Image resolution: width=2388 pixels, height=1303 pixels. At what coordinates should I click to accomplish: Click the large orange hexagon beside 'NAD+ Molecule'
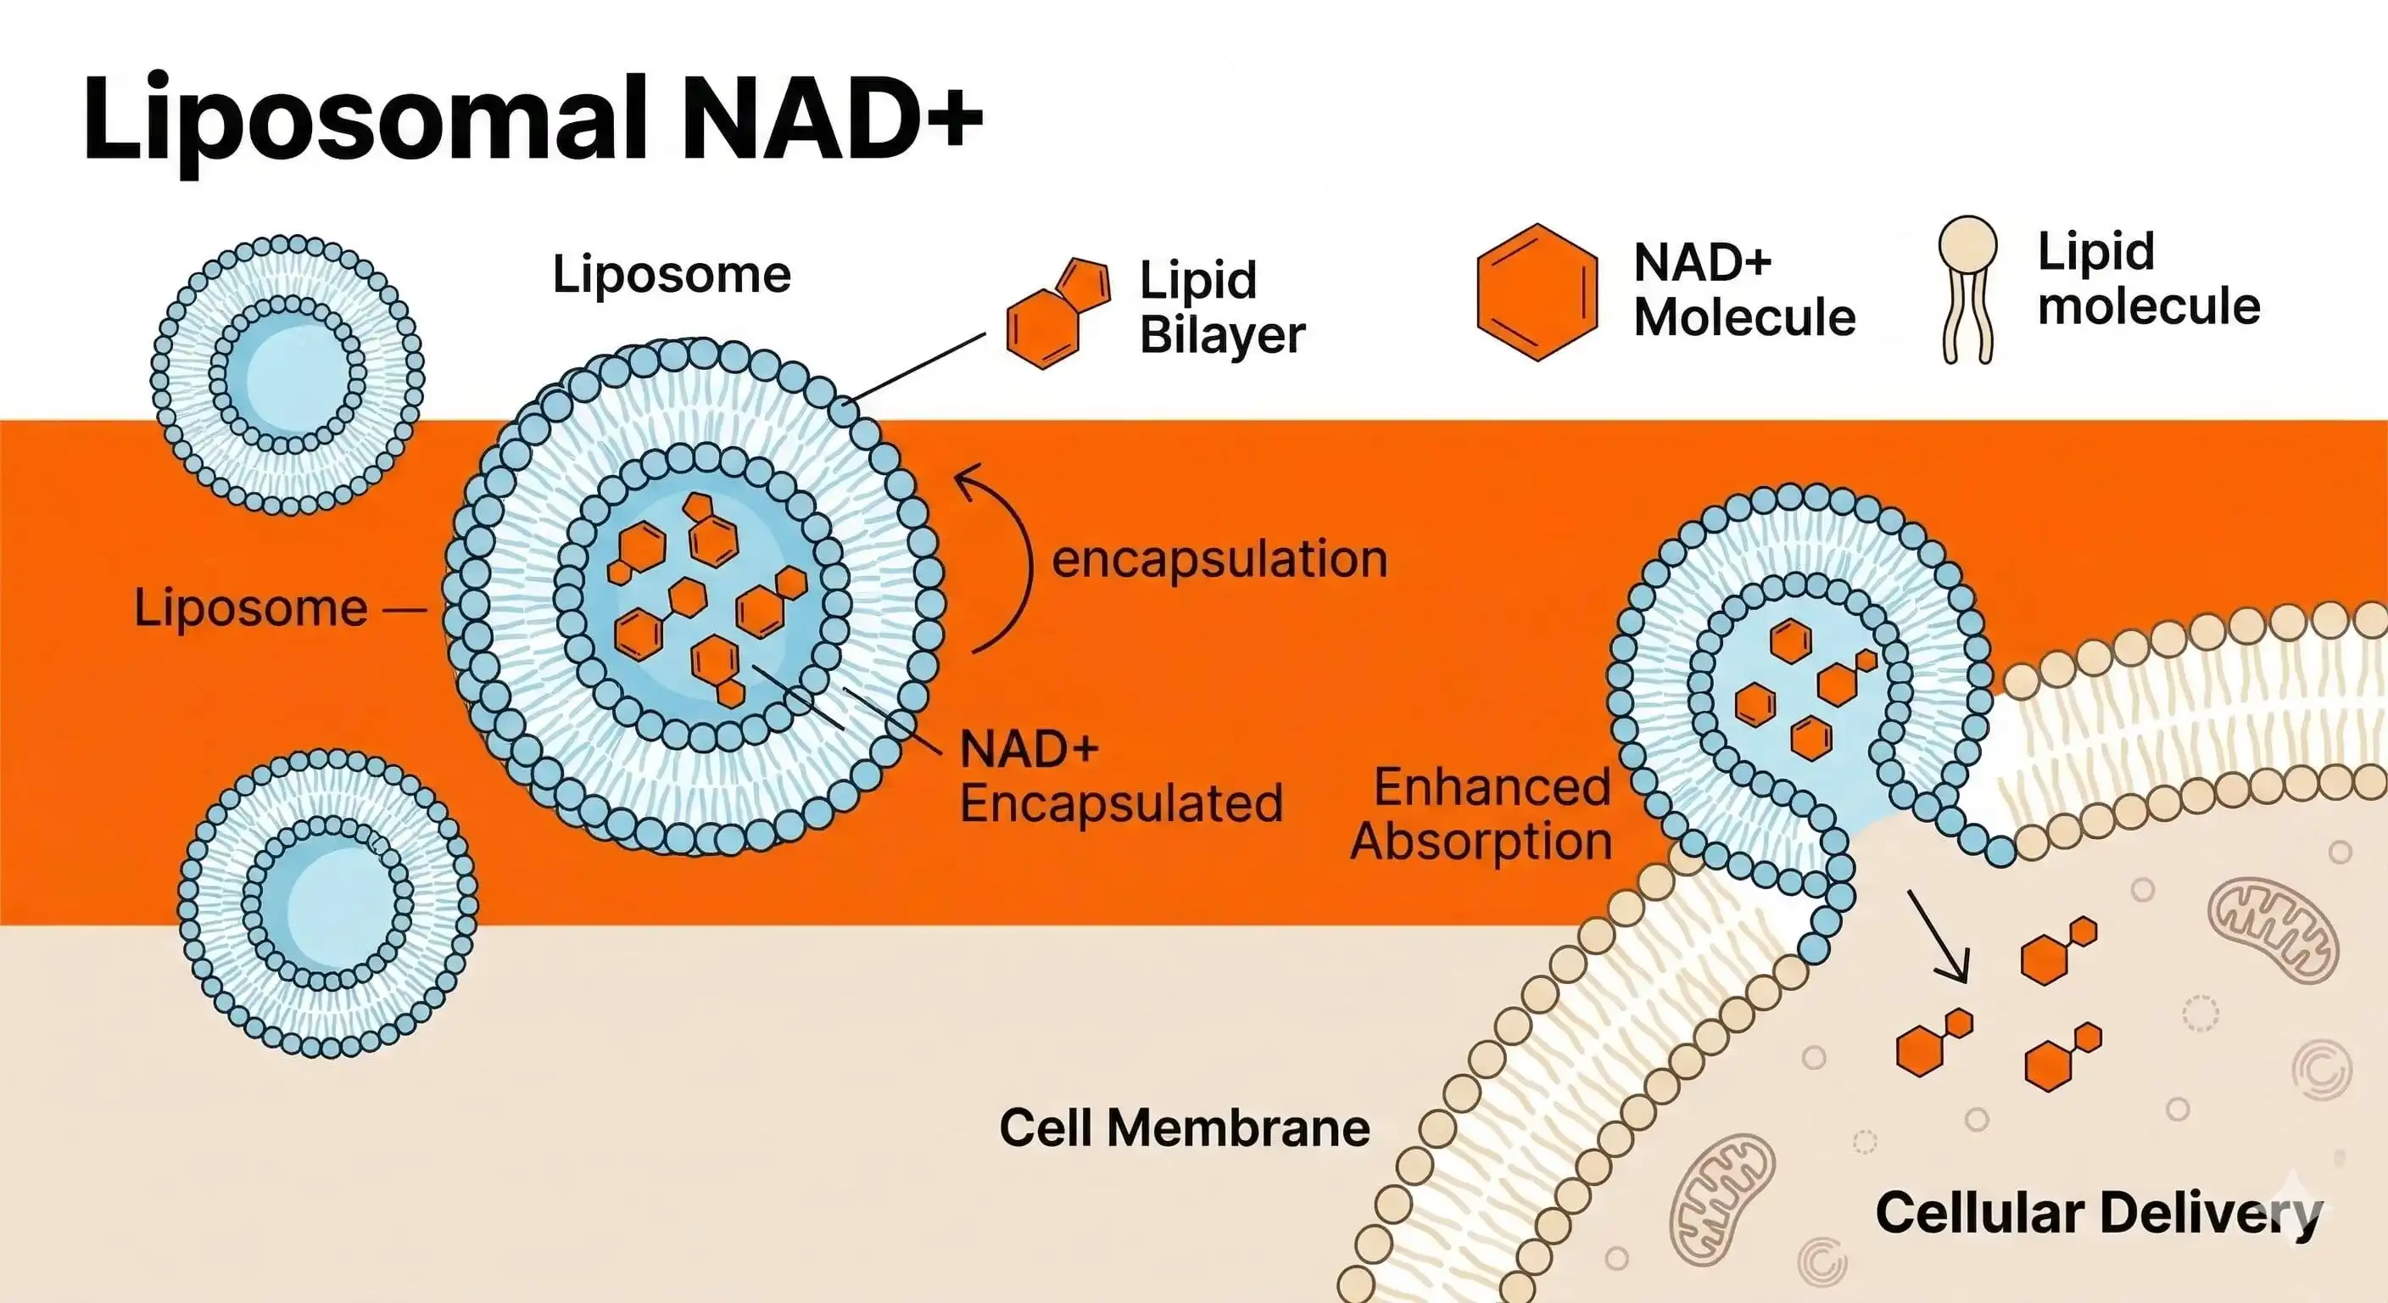pos(1536,291)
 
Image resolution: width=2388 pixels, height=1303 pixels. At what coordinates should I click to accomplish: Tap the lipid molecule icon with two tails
pos(1967,288)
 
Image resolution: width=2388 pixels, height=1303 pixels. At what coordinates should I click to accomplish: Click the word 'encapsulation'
pos(1220,560)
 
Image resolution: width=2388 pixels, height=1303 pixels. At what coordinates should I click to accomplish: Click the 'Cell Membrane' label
pos(1184,1128)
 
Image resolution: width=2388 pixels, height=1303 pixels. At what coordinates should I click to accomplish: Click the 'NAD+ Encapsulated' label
pos(1120,777)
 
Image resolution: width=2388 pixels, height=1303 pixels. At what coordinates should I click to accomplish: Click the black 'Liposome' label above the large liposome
pos(671,275)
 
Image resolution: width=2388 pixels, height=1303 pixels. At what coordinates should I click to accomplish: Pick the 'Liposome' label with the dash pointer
pos(250,608)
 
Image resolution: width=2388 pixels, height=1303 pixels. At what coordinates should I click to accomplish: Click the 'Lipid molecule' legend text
pos(2147,278)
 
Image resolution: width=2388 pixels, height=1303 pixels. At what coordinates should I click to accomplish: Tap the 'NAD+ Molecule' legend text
pos(1743,289)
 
